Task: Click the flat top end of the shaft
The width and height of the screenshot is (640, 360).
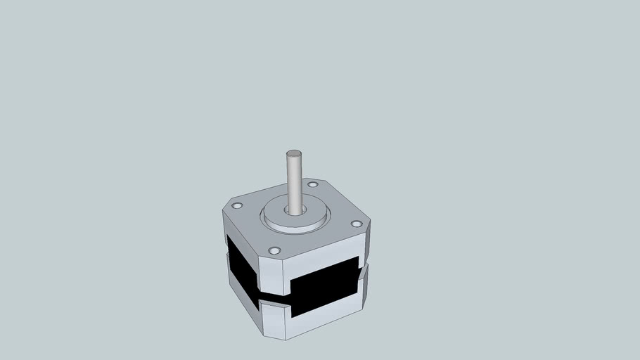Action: tap(293, 154)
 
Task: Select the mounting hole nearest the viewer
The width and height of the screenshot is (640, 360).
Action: tap(274, 250)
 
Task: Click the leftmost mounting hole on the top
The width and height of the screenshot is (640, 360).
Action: tap(237, 206)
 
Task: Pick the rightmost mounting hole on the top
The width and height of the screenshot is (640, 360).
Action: tap(357, 224)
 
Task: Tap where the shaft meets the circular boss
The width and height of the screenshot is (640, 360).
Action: tap(295, 210)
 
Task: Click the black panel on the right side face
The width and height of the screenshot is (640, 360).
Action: tap(325, 284)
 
